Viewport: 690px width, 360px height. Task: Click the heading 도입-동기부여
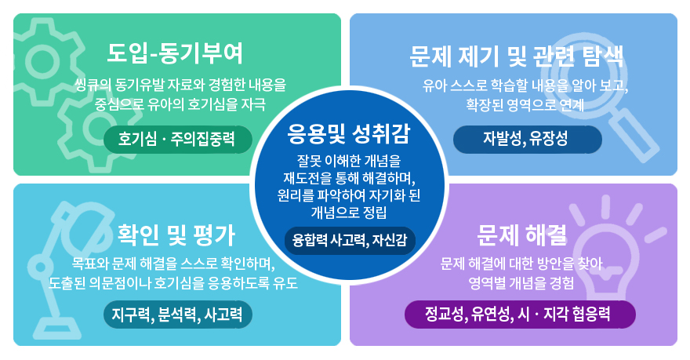[175, 53]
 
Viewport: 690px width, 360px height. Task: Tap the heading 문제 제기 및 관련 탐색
[516, 56]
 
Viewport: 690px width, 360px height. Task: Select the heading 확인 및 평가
[176, 235]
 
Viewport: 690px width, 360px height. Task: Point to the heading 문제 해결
[521, 235]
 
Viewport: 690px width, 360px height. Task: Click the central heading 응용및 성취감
[348, 133]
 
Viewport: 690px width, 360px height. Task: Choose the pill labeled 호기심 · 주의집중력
[178, 140]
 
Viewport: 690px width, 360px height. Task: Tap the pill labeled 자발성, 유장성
[527, 140]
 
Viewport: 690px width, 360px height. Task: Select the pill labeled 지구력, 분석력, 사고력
[178, 315]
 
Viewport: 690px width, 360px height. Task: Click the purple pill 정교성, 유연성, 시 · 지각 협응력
[520, 315]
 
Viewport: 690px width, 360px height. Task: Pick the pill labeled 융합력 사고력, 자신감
[350, 240]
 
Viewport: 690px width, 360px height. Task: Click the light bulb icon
[609, 251]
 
